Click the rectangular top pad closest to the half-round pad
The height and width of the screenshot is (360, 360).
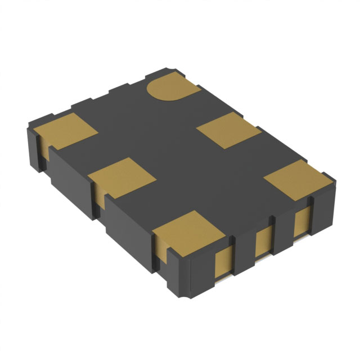[x=228, y=130]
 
